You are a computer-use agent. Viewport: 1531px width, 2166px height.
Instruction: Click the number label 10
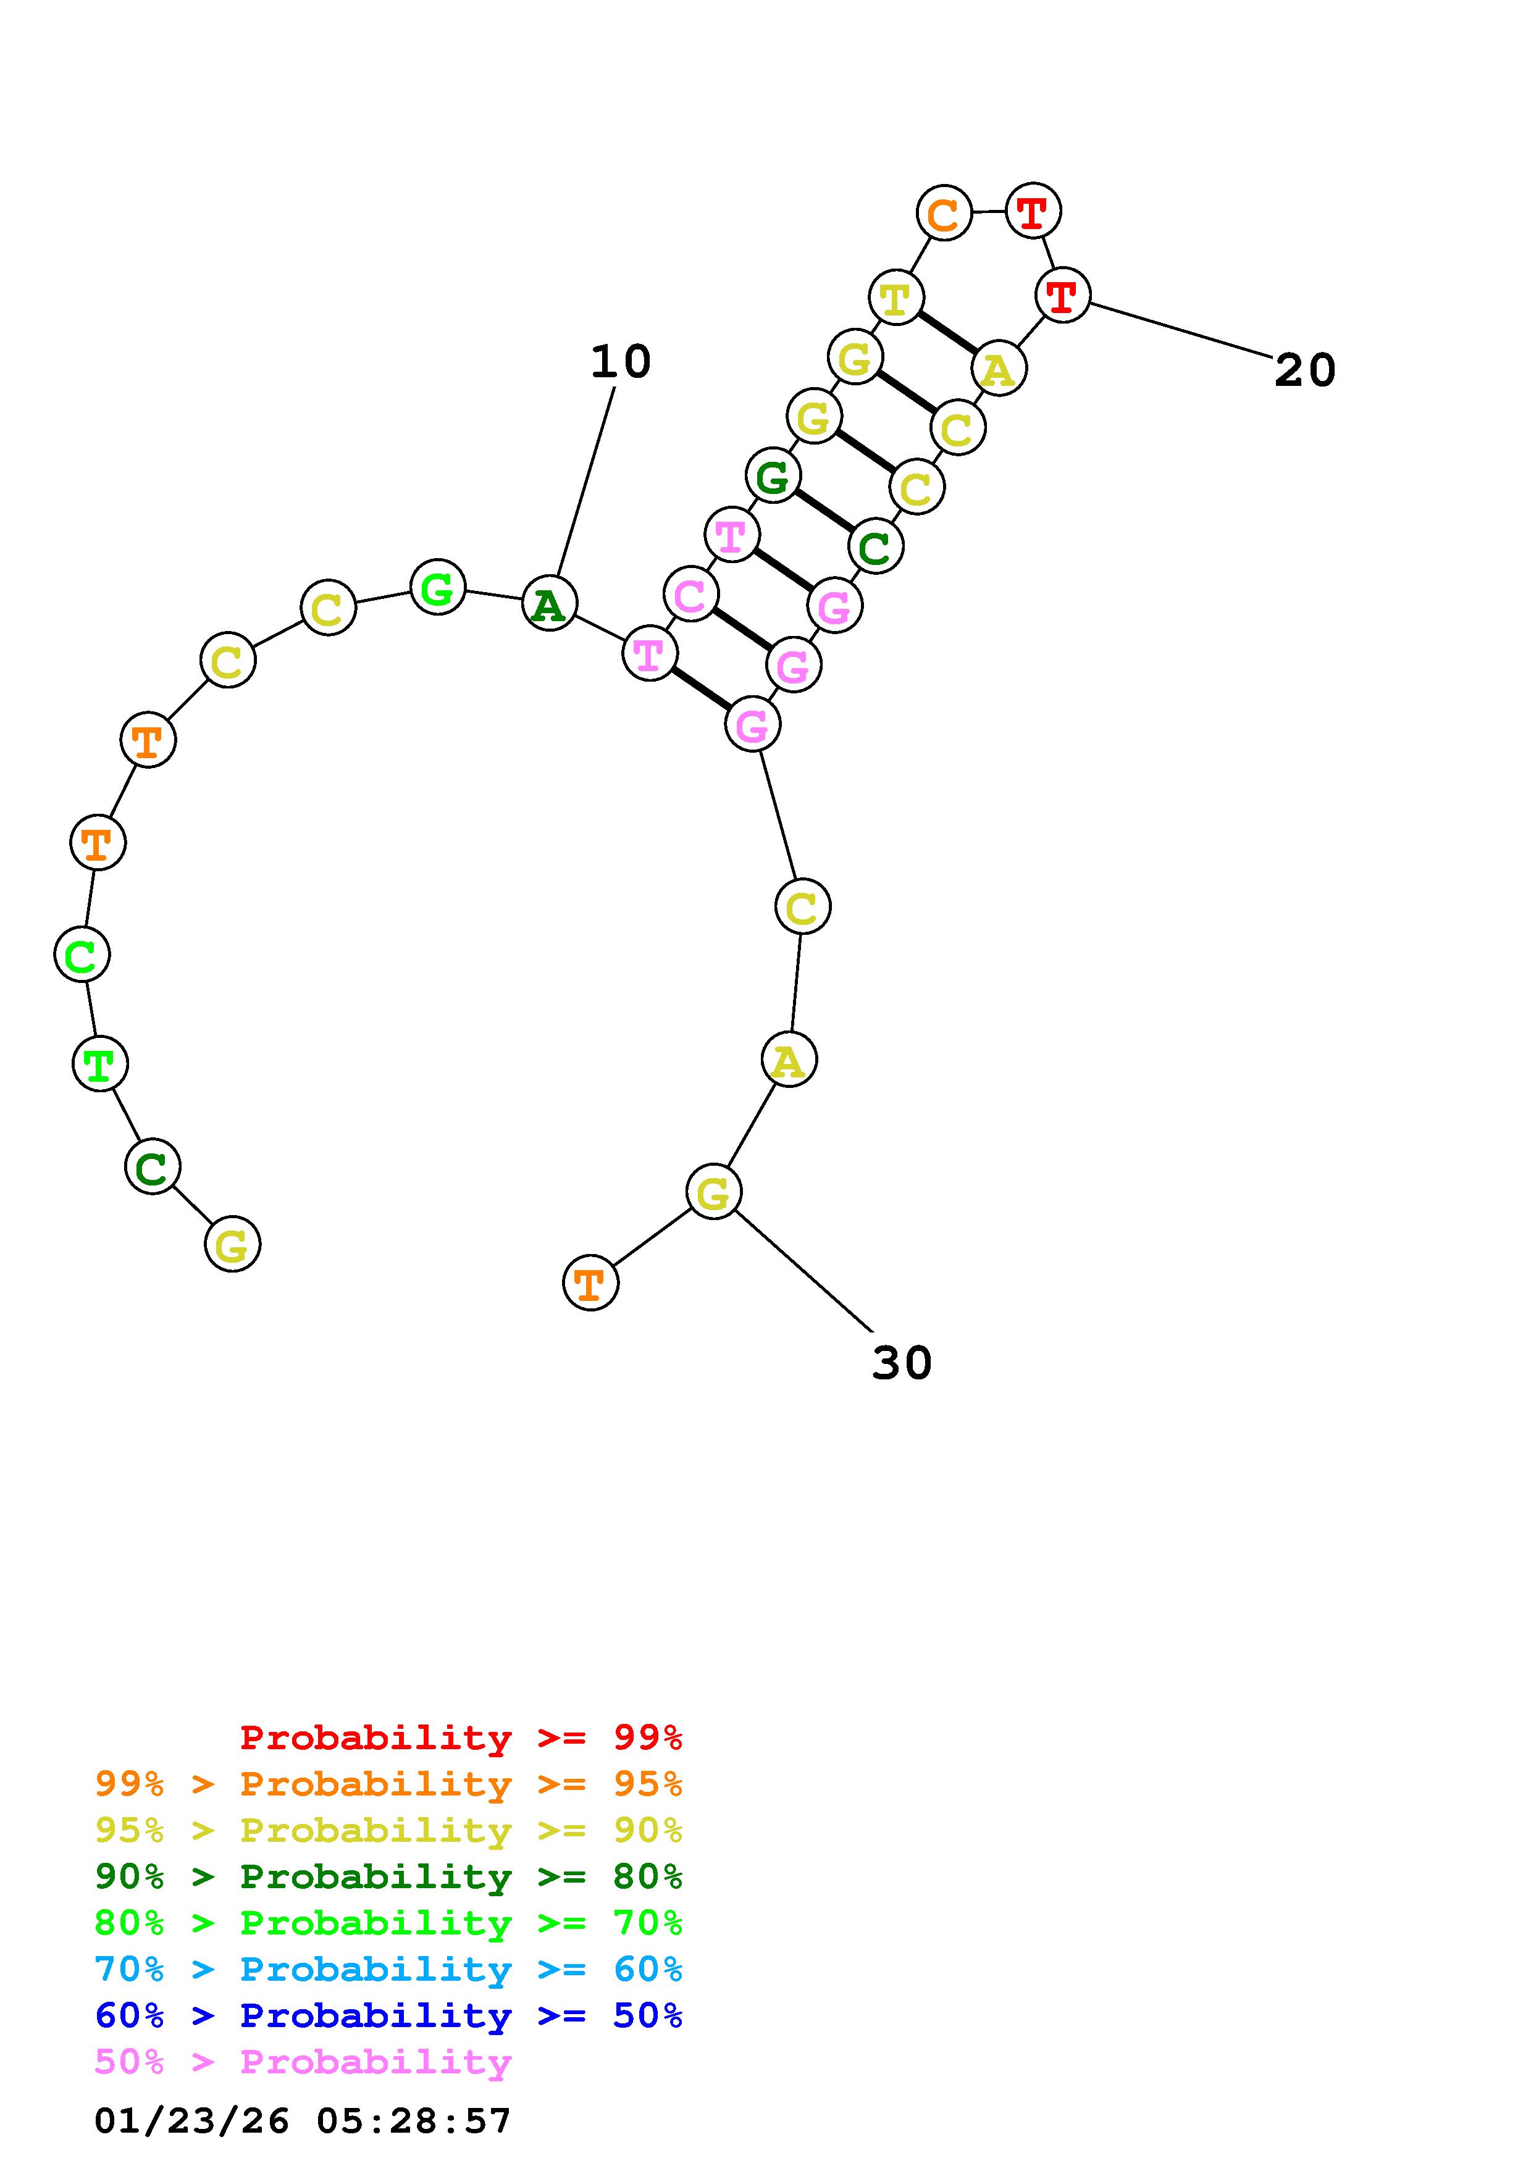pos(620,362)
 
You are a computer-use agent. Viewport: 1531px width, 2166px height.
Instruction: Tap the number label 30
pos(901,1363)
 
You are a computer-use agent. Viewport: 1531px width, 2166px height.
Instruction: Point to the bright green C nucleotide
pos(82,954)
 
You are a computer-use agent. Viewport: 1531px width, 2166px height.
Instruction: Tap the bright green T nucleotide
pos(100,1063)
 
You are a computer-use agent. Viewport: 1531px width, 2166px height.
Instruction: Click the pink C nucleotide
pos(690,595)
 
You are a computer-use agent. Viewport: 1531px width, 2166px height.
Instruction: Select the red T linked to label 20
pos(1062,295)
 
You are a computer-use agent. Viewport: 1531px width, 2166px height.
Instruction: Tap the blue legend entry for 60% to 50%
pos(388,2016)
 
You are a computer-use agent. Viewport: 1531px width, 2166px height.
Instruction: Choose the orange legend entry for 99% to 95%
pos(388,1784)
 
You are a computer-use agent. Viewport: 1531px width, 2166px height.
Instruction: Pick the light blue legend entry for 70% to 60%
pos(388,1970)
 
